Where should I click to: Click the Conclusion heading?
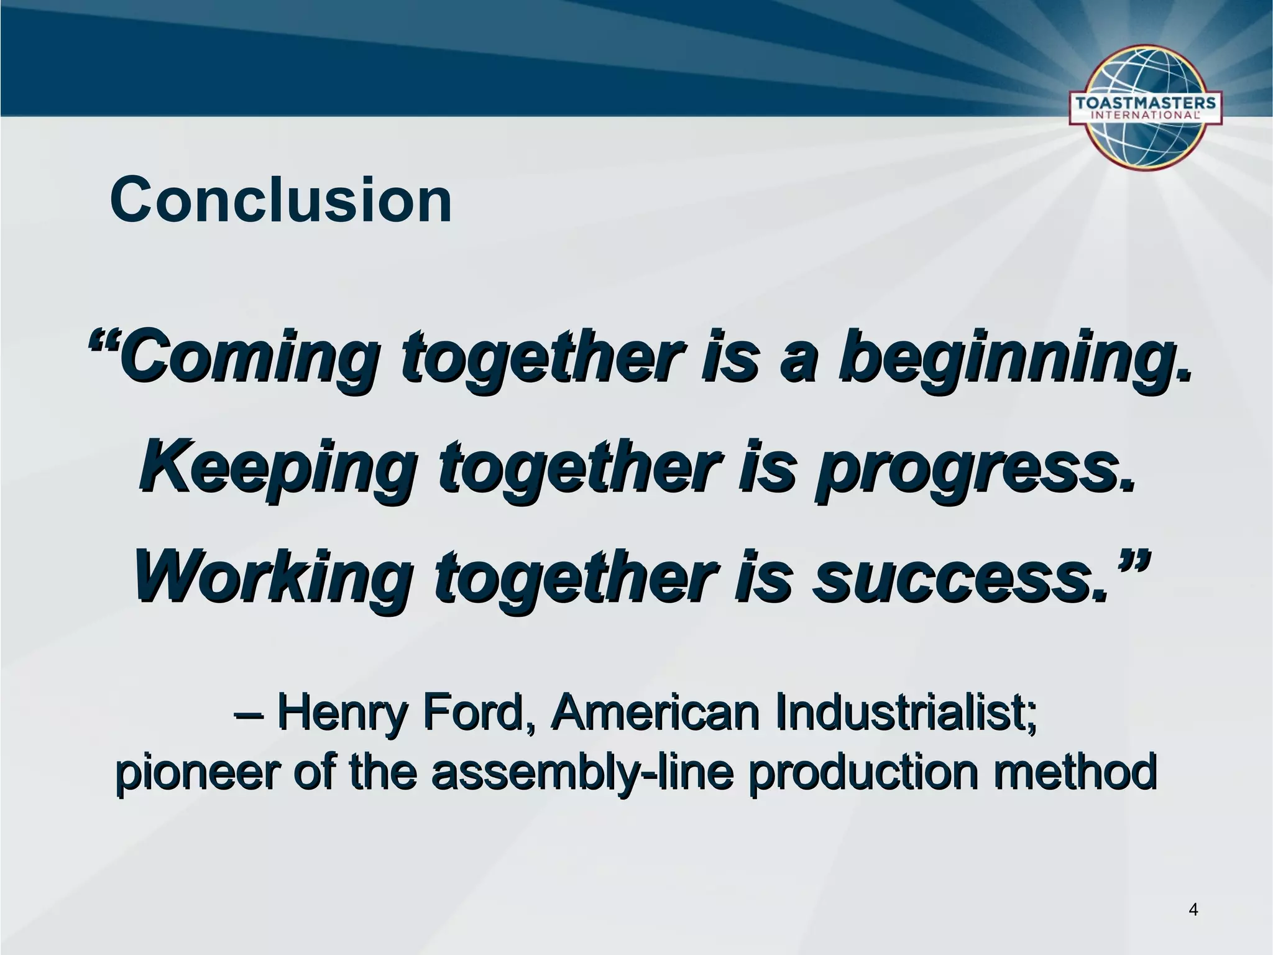(x=281, y=200)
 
